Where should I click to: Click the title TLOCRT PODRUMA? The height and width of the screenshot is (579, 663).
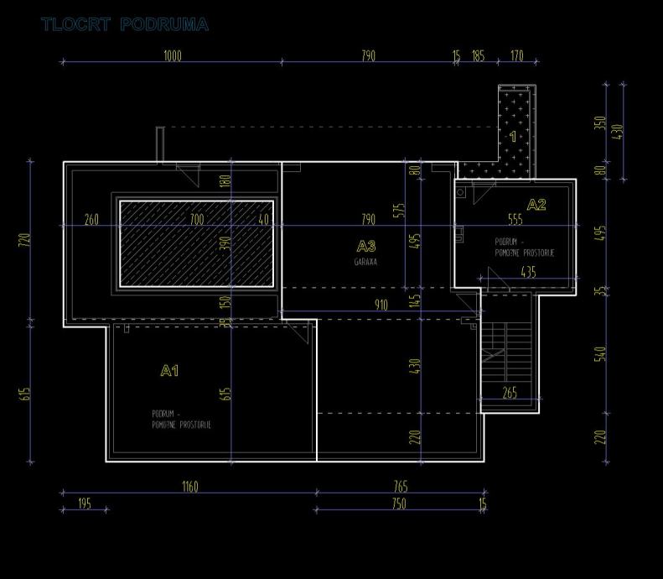click(x=124, y=24)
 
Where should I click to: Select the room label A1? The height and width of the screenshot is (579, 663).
click(x=169, y=370)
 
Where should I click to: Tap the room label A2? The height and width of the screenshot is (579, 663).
click(x=536, y=204)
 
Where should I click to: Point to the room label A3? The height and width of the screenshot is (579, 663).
click(x=366, y=246)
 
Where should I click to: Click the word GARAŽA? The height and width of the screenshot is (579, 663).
click(x=365, y=262)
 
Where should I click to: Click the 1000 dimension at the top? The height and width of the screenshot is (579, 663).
click(x=172, y=56)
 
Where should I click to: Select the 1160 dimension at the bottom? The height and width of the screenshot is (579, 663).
click(x=190, y=487)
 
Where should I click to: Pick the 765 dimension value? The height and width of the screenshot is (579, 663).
click(x=401, y=487)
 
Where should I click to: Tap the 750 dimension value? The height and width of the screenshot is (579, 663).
click(x=399, y=503)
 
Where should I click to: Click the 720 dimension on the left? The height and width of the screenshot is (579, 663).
click(x=24, y=240)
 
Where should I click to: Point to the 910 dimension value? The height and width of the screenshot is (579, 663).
click(x=381, y=305)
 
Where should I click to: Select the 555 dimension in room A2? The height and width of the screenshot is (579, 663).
click(x=515, y=220)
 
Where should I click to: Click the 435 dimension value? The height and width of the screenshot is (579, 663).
click(x=528, y=272)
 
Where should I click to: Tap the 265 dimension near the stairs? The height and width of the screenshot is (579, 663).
click(x=510, y=393)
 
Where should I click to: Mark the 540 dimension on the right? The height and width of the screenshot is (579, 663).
click(x=599, y=353)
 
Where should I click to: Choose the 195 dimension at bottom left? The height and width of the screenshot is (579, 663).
click(x=84, y=503)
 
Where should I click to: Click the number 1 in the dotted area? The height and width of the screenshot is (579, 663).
click(x=514, y=136)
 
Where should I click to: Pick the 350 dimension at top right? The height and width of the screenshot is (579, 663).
click(x=599, y=123)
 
